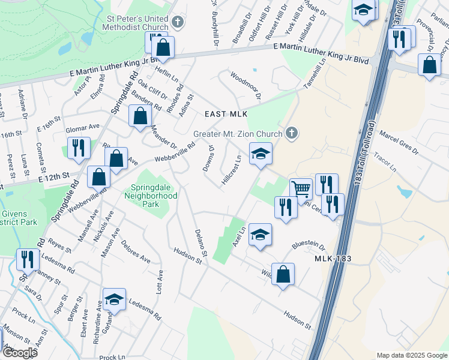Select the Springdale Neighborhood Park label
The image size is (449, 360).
click(151, 196)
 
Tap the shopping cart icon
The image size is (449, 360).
click(301, 188)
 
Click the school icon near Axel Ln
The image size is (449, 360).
click(261, 234)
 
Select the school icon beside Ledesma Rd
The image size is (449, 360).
click(113, 299)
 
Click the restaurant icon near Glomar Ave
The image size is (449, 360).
click(79, 148)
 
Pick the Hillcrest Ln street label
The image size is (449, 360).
click(232, 170)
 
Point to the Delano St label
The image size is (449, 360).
click(200, 244)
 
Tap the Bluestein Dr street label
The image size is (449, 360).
click(308, 245)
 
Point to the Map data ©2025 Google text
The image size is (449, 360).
click(412, 355)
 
